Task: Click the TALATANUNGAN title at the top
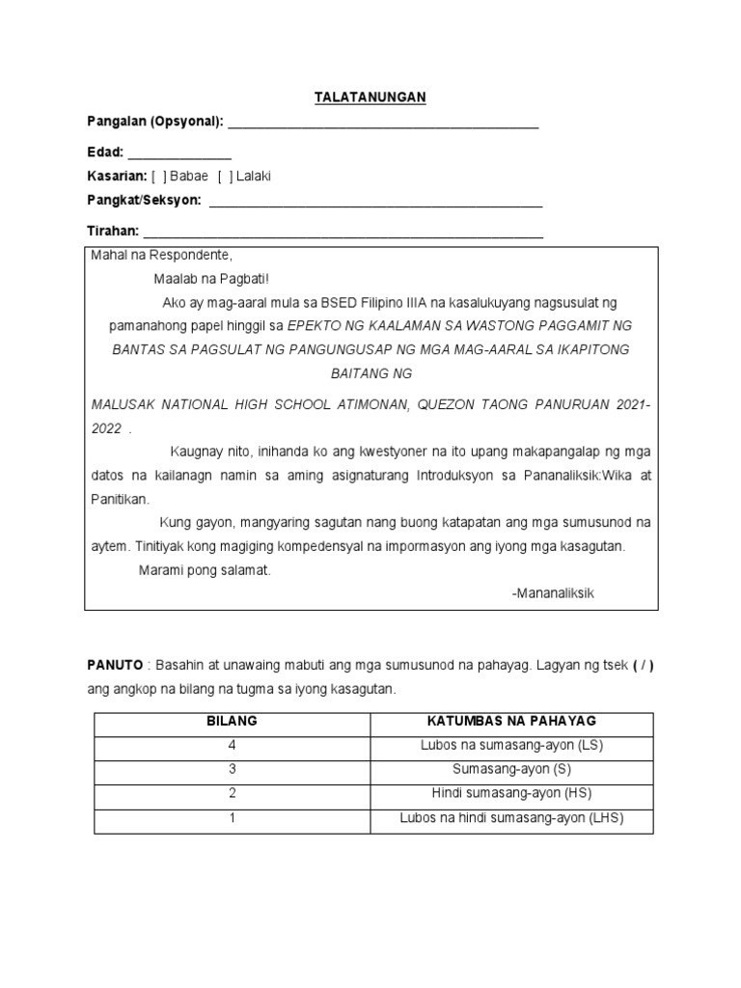370,97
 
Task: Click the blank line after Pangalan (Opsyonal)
382,125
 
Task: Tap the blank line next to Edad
179,156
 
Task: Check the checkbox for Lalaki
225,176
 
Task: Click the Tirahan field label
113,232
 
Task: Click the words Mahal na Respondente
161,256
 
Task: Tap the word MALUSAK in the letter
124,405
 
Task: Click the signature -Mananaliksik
553,592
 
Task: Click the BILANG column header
233,721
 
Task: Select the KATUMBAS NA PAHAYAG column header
511,721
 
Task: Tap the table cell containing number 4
233,745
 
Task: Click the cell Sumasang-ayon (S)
511,769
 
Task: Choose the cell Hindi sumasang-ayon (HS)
511,793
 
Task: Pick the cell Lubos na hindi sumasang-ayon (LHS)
511,818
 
